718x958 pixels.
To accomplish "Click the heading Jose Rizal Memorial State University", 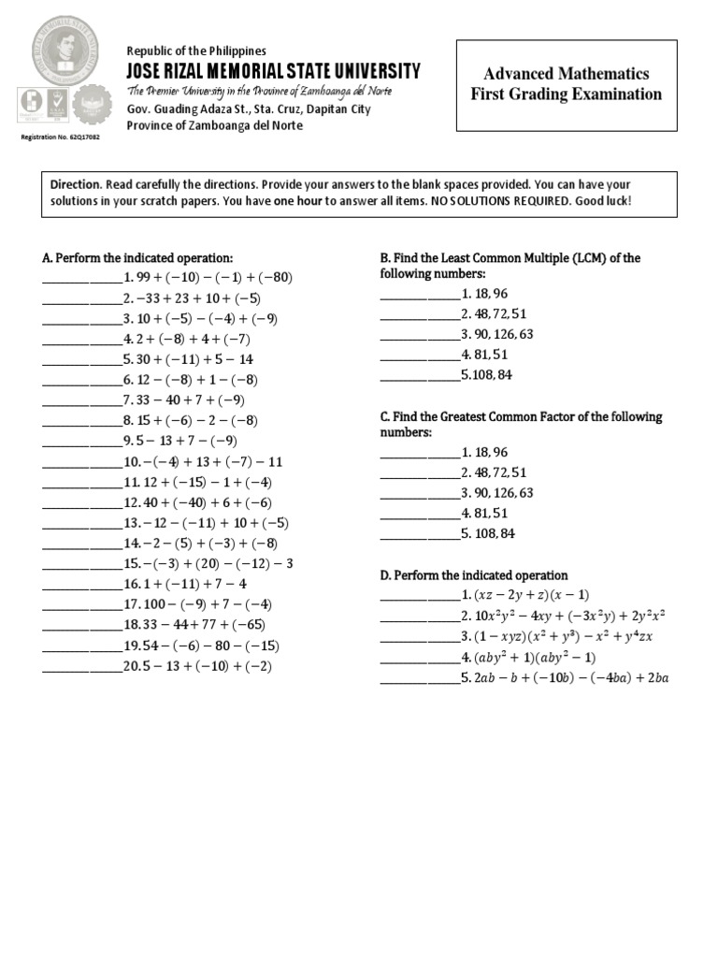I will tap(273, 71).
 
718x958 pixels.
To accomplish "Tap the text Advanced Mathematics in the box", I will tap(567, 73).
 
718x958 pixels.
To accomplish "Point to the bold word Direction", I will tap(75, 185).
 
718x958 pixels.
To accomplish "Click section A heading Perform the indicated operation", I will tap(137, 257).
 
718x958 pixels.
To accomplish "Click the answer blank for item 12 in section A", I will tap(81, 503).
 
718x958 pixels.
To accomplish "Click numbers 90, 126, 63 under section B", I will tap(496, 334).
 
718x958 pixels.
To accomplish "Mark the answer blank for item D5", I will tap(418, 678).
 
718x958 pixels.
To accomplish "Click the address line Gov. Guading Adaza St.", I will tap(249, 109).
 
